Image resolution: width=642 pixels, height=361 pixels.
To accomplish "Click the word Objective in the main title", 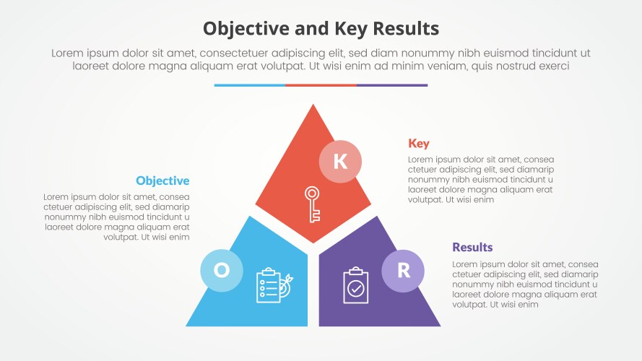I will tap(243, 28).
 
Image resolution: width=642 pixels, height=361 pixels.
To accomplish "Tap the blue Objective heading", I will tap(162, 180).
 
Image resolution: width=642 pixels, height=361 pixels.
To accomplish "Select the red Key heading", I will tap(419, 143).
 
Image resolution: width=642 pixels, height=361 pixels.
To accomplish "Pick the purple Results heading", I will tap(472, 247).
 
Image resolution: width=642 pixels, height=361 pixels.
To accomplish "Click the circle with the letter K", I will tap(340, 161).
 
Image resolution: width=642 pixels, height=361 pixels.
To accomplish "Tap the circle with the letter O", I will tap(222, 270).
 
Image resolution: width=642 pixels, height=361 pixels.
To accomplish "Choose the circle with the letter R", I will tap(403, 270).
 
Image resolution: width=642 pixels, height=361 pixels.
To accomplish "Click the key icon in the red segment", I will tap(312, 204).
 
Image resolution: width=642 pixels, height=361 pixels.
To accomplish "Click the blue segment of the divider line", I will tap(249, 85).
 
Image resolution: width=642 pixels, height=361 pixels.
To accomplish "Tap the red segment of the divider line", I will tap(321, 85).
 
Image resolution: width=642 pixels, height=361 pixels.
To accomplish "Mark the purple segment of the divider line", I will tap(392, 85).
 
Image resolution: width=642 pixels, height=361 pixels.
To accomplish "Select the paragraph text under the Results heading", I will tap(525, 284).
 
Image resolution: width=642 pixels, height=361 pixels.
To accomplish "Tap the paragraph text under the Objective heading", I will tap(117, 216).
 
